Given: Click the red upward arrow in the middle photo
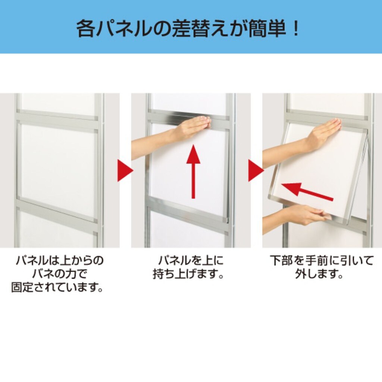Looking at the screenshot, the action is click(x=193, y=171).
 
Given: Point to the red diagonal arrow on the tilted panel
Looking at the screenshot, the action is click(x=307, y=191).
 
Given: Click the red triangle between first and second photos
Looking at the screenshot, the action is click(x=125, y=170).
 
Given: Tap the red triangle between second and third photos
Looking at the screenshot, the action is click(x=256, y=170).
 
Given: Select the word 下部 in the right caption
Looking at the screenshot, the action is click(x=281, y=261).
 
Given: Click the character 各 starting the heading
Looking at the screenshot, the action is click(x=85, y=29).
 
